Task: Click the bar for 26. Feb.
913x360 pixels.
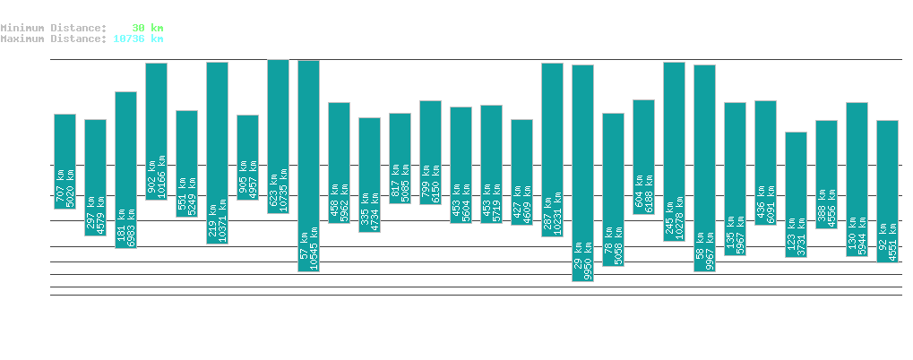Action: tap(308, 166)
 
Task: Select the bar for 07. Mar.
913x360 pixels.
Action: tap(582, 173)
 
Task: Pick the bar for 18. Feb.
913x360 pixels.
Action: tap(65, 161)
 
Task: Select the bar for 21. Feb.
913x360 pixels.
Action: tap(156, 131)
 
